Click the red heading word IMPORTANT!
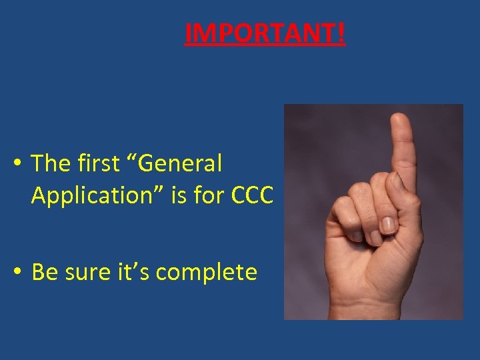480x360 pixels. (265, 33)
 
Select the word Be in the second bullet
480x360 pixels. (45, 272)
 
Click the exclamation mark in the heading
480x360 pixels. (341, 33)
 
